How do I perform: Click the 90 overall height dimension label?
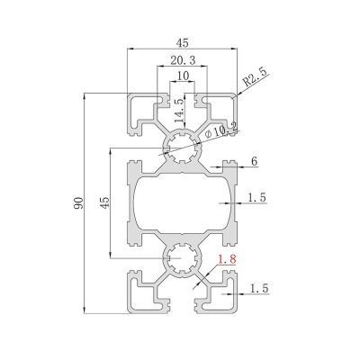(x=79, y=203)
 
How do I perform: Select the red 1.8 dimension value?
(x=227, y=259)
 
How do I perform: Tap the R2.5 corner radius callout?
(x=256, y=77)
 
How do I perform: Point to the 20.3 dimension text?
(x=183, y=60)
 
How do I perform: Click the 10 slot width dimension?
(x=183, y=76)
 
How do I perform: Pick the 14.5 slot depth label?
(x=179, y=110)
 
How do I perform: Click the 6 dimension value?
(x=254, y=161)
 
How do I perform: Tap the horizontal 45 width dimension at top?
(x=182, y=43)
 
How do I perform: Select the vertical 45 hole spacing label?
(x=104, y=203)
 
